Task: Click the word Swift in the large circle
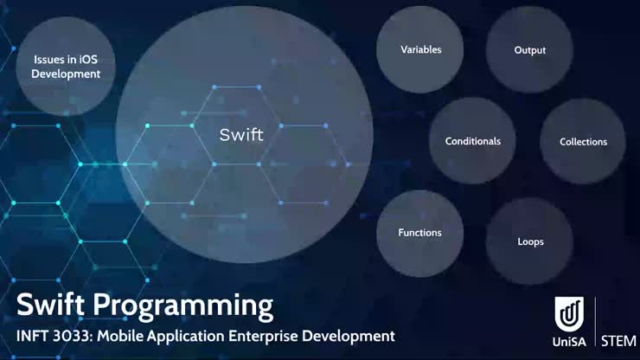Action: tap(241, 135)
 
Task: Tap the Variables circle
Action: tap(420, 49)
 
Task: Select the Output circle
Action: tap(529, 50)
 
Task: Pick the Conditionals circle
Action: tap(472, 141)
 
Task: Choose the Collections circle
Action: tap(583, 142)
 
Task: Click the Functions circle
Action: tap(419, 233)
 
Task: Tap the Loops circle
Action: tap(529, 241)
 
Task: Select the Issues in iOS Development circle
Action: tap(67, 67)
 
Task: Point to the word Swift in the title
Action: tap(52, 305)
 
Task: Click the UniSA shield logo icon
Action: tap(569, 313)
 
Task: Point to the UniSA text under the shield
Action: tap(570, 341)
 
